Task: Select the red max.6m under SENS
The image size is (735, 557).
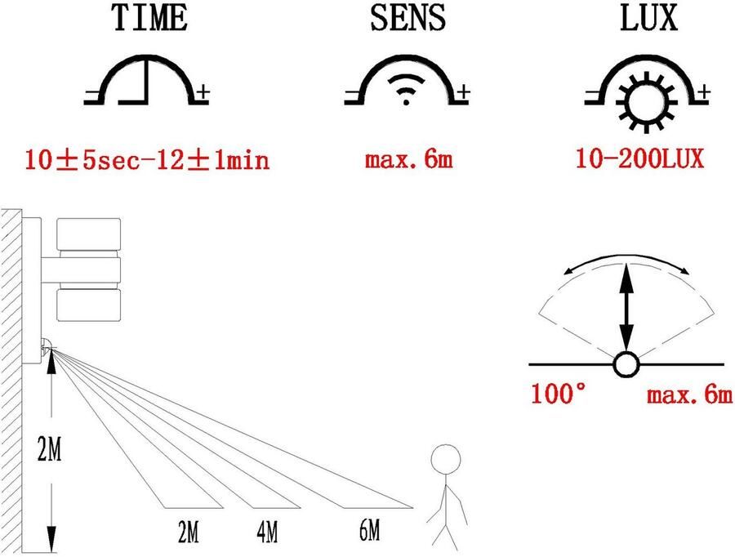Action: tap(408, 158)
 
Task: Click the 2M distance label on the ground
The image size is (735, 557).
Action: tap(188, 532)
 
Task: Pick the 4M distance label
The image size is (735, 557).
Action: tap(266, 532)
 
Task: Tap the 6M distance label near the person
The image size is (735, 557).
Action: tap(368, 532)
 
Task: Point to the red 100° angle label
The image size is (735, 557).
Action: tap(559, 395)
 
